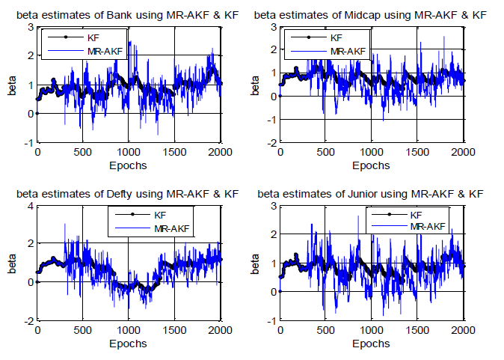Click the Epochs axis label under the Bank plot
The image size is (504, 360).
point(129,165)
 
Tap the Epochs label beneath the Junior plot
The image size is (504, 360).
point(372,344)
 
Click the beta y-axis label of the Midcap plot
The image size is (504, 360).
point(254,84)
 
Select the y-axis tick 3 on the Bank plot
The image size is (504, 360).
point(30,27)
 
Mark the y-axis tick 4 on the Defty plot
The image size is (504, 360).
point(30,207)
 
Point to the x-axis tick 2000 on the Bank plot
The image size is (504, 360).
point(220,153)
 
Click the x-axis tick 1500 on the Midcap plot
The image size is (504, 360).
point(417,153)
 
